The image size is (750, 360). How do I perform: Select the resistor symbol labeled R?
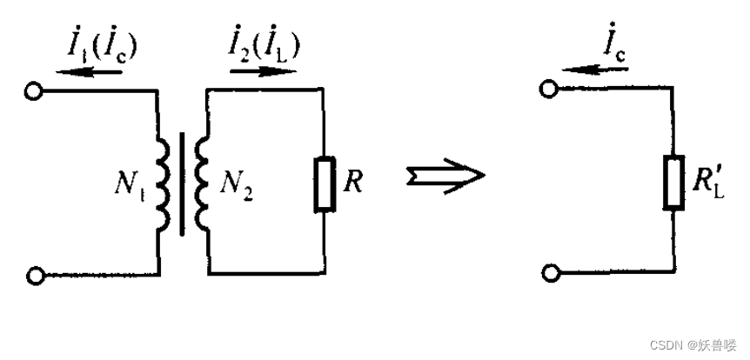(x=325, y=184)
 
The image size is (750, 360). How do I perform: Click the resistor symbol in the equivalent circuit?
(x=673, y=183)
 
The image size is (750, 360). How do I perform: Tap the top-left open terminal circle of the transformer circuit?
(x=34, y=90)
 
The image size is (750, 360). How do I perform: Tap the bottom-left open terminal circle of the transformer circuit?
(x=34, y=276)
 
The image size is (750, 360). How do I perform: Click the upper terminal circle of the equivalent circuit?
(x=548, y=90)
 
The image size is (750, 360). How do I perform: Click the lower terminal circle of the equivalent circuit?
(x=548, y=274)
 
